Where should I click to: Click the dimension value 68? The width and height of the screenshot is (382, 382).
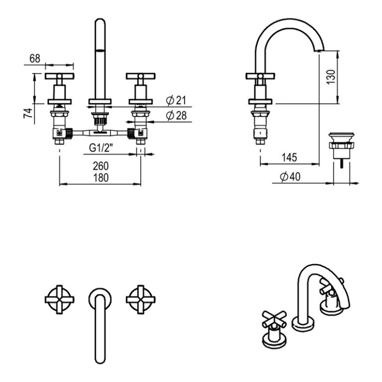(x=35, y=58)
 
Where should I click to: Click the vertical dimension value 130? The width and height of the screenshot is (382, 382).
(x=332, y=77)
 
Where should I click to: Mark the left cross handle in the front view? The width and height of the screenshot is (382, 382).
(x=59, y=77)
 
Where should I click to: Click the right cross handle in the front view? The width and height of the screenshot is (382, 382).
(x=140, y=77)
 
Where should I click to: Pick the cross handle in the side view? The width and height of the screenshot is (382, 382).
(x=259, y=77)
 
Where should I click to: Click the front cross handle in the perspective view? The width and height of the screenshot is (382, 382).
(x=274, y=321)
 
